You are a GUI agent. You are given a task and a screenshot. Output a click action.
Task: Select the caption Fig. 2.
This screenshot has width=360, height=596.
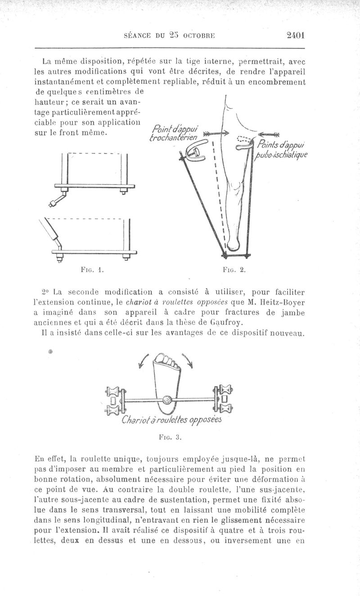(x=234, y=271)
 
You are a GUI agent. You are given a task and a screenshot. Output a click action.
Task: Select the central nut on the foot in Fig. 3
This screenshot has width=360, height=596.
(x=167, y=399)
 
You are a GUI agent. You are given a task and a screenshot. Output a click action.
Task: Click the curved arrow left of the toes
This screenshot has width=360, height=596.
(x=146, y=360)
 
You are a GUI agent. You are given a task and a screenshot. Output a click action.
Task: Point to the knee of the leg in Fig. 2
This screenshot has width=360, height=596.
(x=234, y=185)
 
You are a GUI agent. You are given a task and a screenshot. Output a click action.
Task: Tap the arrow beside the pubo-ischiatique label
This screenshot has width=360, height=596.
(x=270, y=133)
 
